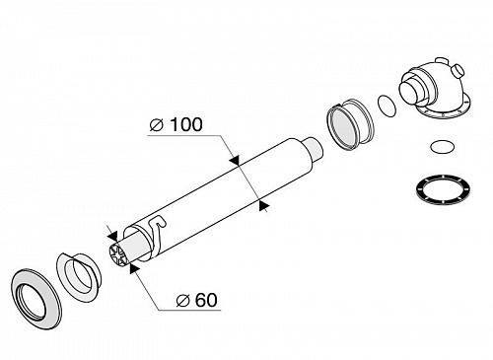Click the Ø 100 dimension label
(x=176, y=125)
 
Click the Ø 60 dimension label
(x=196, y=300)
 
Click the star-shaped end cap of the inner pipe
(x=116, y=254)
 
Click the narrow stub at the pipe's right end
(x=314, y=149)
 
